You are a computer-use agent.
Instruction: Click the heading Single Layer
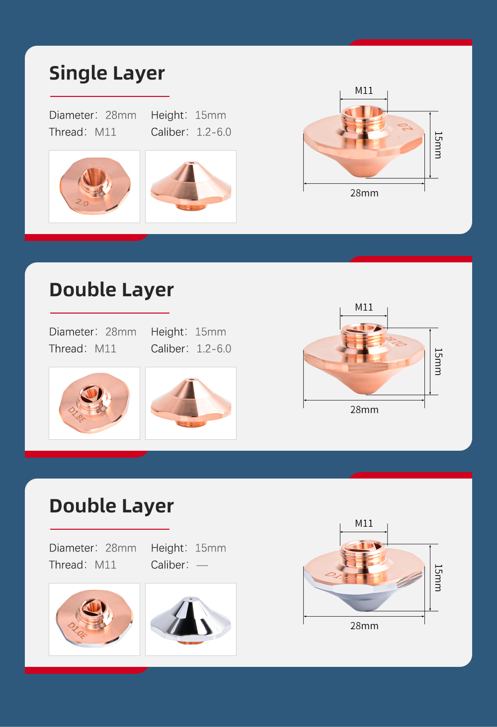point(107,74)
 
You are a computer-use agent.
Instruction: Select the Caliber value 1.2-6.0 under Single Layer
point(214,132)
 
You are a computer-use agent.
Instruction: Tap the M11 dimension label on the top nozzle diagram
point(364,90)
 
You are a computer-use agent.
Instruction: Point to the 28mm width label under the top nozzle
point(364,193)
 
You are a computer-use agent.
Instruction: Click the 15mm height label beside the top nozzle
point(438,145)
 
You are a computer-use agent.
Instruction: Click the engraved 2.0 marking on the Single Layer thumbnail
point(82,203)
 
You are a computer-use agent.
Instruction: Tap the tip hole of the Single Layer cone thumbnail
point(191,162)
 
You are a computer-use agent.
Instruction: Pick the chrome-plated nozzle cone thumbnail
point(191,620)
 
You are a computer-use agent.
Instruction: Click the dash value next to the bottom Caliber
point(202,565)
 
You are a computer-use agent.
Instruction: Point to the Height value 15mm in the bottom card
point(210,548)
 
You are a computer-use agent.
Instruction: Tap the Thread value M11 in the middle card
point(105,348)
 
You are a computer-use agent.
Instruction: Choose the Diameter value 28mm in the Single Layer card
point(121,115)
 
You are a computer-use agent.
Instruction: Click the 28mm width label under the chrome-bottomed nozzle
point(364,626)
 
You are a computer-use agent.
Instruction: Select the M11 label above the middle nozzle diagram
point(364,307)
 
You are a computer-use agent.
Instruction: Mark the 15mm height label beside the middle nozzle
point(438,362)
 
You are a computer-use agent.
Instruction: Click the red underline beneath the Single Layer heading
point(110,96)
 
